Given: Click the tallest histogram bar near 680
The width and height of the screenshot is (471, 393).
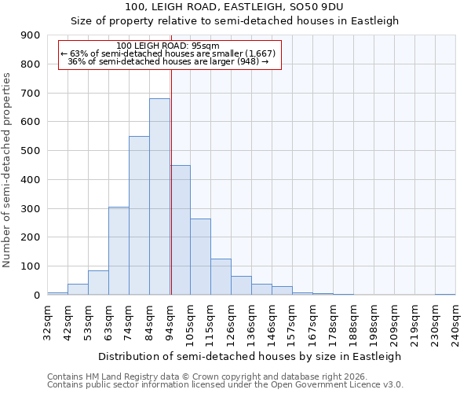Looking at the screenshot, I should coord(159,196).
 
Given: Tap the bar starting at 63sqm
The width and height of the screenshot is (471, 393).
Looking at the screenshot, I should coord(119,251).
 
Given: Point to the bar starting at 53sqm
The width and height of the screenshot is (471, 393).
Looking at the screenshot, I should coord(98,283).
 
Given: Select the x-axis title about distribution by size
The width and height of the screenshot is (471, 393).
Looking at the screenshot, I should coord(250,356).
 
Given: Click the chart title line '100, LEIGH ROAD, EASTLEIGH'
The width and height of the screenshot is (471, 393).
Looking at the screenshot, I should coord(235,7).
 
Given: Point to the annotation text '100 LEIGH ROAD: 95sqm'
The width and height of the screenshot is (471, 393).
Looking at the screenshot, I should coord(167,46).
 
